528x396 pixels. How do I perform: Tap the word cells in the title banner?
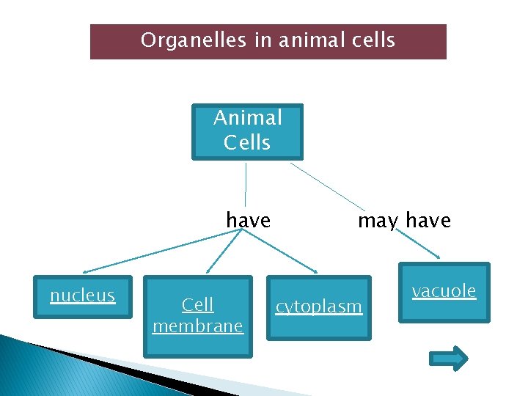370,40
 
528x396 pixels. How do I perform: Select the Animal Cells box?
247,132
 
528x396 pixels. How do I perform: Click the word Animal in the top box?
247,117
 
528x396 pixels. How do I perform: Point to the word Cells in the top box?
247,142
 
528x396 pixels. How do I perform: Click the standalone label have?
248,220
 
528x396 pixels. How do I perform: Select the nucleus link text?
83,296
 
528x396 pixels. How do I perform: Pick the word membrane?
198,326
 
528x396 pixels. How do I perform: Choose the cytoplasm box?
319,308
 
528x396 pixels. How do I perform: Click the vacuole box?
444,292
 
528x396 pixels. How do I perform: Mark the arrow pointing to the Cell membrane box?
220,253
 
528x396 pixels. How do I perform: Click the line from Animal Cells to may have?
326,186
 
